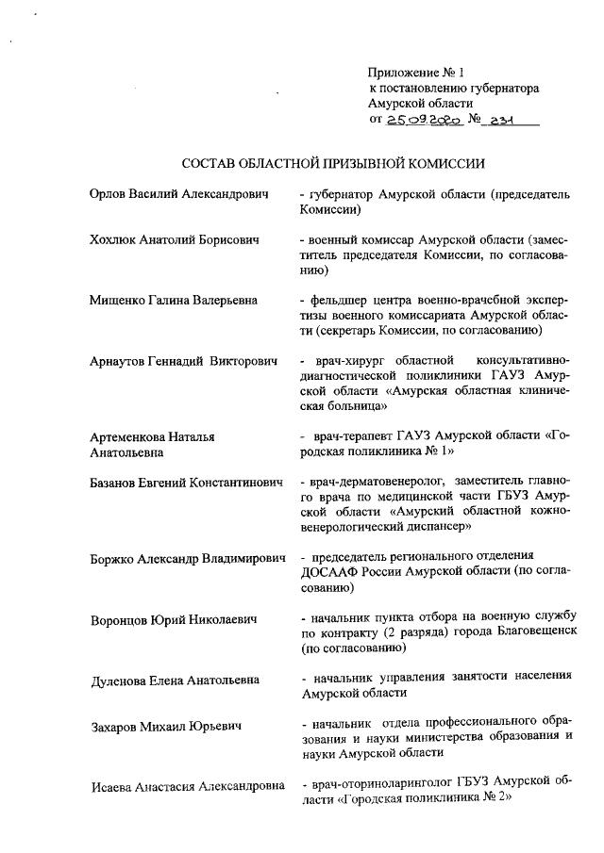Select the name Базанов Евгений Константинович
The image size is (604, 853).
click(x=187, y=482)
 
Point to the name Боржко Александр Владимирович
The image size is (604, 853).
click(x=188, y=558)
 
